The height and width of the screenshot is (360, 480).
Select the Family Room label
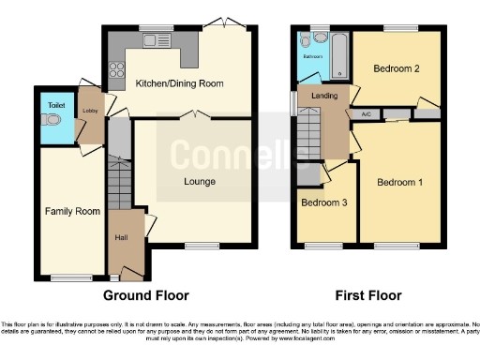[72, 211]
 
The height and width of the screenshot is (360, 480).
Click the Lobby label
[90, 111]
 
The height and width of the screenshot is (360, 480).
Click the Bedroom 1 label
[400, 183]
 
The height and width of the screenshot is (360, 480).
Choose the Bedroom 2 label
[395, 68]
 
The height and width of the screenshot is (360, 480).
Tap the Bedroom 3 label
[324, 202]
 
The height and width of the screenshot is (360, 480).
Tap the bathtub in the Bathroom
[338, 52]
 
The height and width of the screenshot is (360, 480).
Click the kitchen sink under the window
[150, 38]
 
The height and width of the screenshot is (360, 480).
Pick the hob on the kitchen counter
[117, 67]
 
